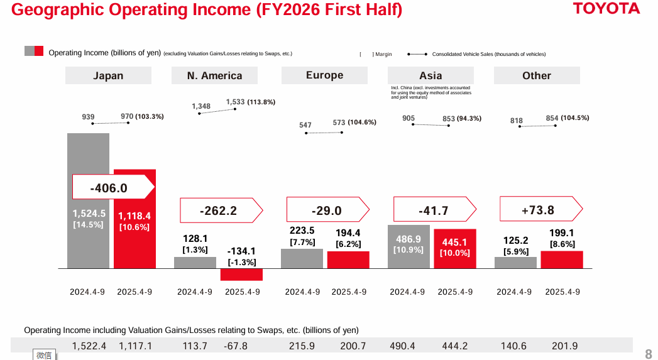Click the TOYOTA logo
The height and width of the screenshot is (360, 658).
606,9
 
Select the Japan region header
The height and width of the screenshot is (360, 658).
108,75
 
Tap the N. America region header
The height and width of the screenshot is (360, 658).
214,75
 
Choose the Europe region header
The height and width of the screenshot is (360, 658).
324,75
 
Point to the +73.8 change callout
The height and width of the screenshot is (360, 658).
537,210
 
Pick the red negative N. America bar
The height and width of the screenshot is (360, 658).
241,275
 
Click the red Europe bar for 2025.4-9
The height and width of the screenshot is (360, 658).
348,260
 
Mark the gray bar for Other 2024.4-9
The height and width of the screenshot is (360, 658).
515,263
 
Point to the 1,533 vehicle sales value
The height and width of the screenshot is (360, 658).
235,102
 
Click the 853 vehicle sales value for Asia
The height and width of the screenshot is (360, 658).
449,119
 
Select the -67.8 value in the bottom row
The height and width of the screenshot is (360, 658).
236,346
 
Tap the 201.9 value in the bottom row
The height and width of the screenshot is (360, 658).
564,346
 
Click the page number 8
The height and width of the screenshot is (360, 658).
649,354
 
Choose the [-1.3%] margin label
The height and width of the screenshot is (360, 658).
241,262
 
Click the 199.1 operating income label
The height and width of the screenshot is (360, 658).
562,232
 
